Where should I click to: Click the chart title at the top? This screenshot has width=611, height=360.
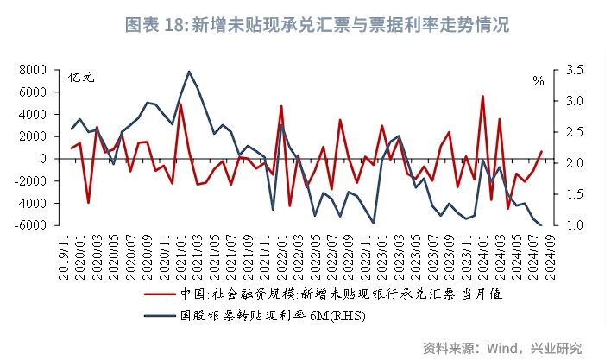coord(305,25)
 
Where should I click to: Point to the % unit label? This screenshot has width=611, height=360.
coord(539,81)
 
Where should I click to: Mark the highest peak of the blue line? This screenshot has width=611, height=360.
coord(189,72)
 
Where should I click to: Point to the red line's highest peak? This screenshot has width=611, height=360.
coord(482,96)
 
